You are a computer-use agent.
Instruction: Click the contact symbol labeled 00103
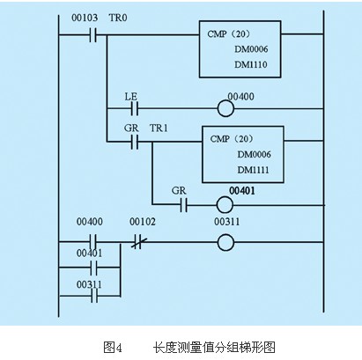[x=93, y=35]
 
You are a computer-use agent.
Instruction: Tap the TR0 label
[x=118, y=18]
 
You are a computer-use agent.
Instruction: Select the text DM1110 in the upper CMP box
[x=251, y=64]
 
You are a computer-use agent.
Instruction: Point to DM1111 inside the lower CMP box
[x=253, y=170]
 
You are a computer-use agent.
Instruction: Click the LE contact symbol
[x=135, y=109]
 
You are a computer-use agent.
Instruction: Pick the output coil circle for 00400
[x=225, y=109]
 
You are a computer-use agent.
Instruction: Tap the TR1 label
[x=159, y=129]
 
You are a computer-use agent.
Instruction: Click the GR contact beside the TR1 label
[x=135, y=142]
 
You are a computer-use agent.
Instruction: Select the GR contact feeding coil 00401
[x=184, y=204]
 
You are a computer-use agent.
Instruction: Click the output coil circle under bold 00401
[x=225, y=205]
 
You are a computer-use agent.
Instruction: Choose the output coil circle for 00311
[x=225, y=242]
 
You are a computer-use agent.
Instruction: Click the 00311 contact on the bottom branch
[x=94, y=296]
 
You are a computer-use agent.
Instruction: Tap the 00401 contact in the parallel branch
[x=94, y=268]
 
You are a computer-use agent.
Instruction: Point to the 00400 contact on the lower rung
[x=93, y=241]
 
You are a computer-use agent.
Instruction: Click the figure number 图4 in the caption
[x=113, y=348]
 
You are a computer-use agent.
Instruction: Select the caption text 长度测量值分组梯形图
[x=214, y=348]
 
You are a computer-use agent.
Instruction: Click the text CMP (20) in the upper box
[x=229, y=34]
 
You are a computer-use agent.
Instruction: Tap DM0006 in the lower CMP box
[x=254, y=154]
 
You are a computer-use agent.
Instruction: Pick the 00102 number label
[x=143, y=222]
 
